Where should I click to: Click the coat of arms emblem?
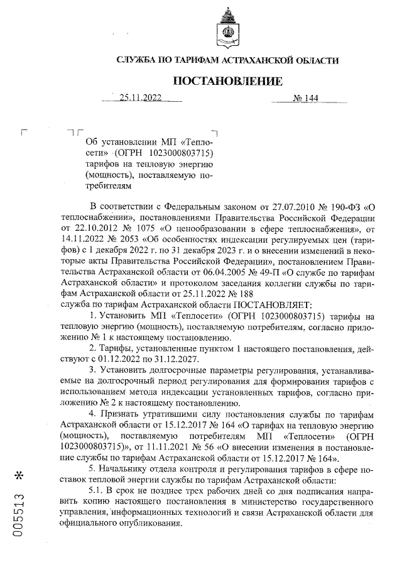[x=227, y=28]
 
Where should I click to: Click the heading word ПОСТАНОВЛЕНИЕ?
[x=227, y=81]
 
